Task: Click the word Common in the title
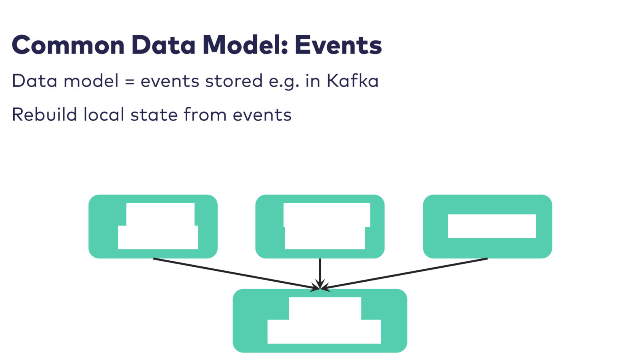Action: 68,45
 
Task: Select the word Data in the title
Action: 163,45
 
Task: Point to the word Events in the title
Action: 338,45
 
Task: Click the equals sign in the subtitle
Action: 129,81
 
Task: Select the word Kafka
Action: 352,81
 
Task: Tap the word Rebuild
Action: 44,115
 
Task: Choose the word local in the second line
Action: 104,115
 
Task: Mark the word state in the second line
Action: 154,115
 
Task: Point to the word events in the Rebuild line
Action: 262,115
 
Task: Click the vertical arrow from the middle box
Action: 320,272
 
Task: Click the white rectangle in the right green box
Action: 492,226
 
